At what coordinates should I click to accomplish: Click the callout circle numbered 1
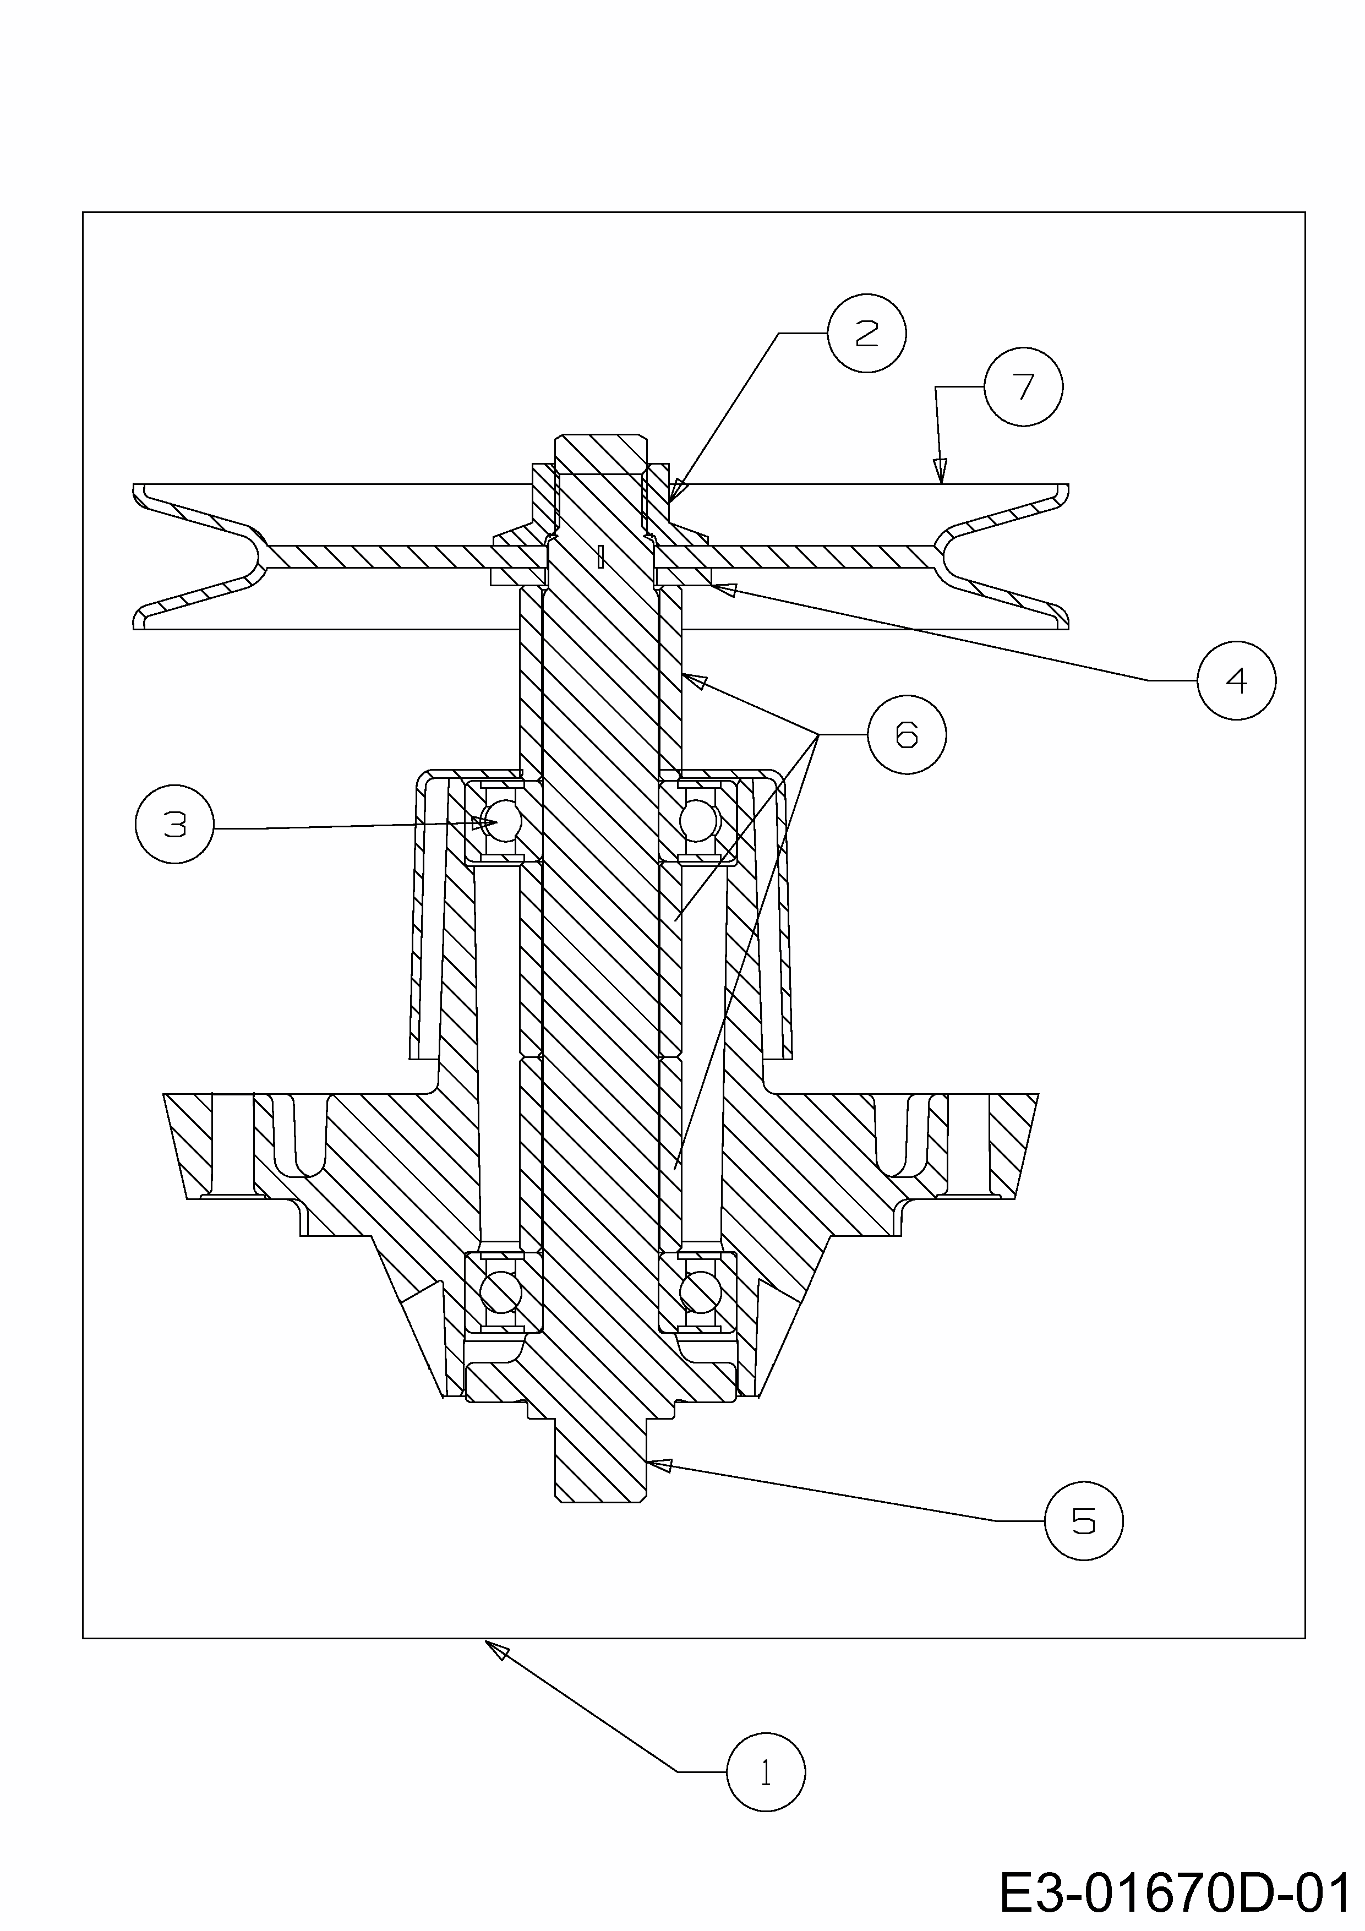(x=766, y=1771)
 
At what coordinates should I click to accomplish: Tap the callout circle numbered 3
(x=174, y=824)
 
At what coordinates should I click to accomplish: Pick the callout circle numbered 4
(x=1236, y=680)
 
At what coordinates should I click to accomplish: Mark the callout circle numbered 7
(x=1024, y=387)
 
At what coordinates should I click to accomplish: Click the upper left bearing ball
(x=502, y=820)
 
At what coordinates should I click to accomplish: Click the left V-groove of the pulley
(x=252, y=556)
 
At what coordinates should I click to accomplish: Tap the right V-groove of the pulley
(x=951, y=556)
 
